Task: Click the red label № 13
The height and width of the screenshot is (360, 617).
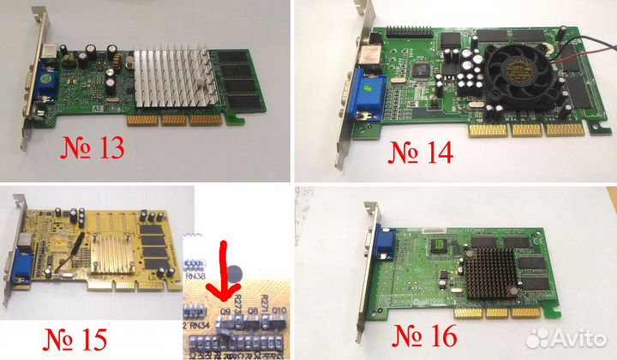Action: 93,147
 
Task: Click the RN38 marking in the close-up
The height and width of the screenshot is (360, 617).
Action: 195,276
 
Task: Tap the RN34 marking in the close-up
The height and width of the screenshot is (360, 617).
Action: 200,326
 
